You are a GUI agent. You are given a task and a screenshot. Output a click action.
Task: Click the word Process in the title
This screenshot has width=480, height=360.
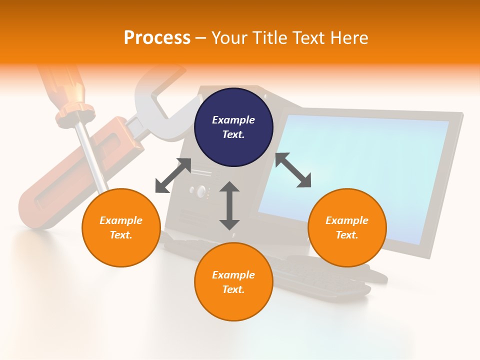coord(157,37)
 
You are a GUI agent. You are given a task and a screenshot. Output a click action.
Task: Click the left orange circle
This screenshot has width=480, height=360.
coord(121,227)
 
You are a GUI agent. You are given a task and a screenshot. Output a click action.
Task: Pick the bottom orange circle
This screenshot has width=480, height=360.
coord(233,281)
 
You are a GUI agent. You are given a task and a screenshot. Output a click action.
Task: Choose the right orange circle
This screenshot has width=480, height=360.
coord(347,227)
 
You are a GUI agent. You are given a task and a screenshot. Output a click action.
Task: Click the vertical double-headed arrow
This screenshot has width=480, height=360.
coord(229,206)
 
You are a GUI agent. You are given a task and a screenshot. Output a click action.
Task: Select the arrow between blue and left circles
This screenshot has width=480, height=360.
coord(173,175)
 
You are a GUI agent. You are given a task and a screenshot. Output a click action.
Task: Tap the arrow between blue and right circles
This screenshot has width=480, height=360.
coord(293,170)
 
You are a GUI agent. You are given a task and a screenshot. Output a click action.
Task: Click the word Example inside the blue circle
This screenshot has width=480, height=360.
coord(233,120)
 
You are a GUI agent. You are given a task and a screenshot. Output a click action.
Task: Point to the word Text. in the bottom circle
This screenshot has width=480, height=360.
coord(233,289)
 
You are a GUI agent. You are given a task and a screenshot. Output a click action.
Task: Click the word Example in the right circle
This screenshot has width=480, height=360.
coord(347,220)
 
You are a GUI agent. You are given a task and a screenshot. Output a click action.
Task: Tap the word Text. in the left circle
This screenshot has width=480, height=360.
coord(121,235)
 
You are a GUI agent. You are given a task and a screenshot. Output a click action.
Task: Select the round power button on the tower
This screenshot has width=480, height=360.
coord(201,190)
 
